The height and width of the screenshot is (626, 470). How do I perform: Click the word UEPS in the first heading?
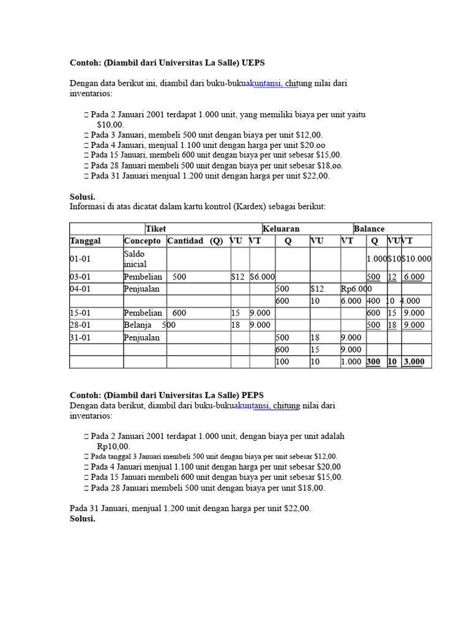pyautogui.click(x=254, y=63)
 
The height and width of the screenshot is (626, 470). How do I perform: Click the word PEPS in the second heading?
pyautogui.click(x=253, y=395)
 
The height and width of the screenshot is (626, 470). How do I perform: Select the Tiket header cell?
pyautogui.click(x=156, y=229)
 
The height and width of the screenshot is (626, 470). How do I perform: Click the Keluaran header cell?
pyautogui.click(x=281, y=229)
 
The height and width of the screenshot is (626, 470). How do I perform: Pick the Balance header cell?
pyautogui.click(x=369, y=229)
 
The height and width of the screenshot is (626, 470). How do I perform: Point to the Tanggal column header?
pyautogui.click(x=86, y=241)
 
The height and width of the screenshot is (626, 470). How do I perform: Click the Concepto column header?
pyautogui.click(x=143, y=241)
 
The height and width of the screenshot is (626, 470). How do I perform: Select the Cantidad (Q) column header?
pyautogui.click(x=195, y=241)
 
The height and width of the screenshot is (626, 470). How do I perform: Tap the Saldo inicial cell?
pyautogui.click(x=135, y=259)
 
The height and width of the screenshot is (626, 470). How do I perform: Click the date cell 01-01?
pyautogui.click(x=80, y=259)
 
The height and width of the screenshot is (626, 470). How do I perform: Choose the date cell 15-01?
pyautogui.click(x=80, y=313)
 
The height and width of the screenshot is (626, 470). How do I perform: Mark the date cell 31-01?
pyautogui.click(x=80, y=337)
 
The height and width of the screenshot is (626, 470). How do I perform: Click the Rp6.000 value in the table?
pyautogui.click(x=356, y=289)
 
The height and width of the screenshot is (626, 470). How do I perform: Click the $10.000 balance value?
pyautogui.click(x=416, y=259)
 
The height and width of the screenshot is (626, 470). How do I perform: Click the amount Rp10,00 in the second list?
pyautogui.click(x=113, y=446)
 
